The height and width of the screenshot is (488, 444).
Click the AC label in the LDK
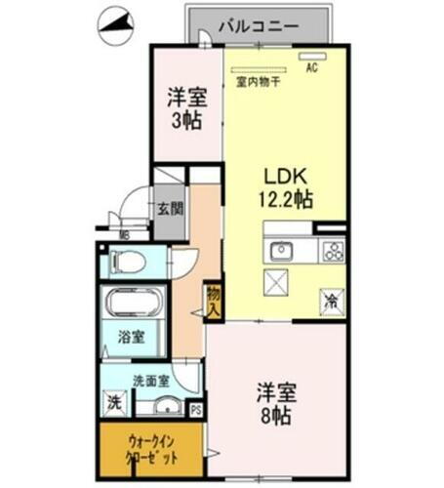pos(312,69)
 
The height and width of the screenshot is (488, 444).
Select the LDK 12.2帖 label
pos(285,188)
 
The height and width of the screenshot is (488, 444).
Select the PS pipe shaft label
pos(195,409)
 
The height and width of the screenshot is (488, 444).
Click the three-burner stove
pos(333,250)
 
